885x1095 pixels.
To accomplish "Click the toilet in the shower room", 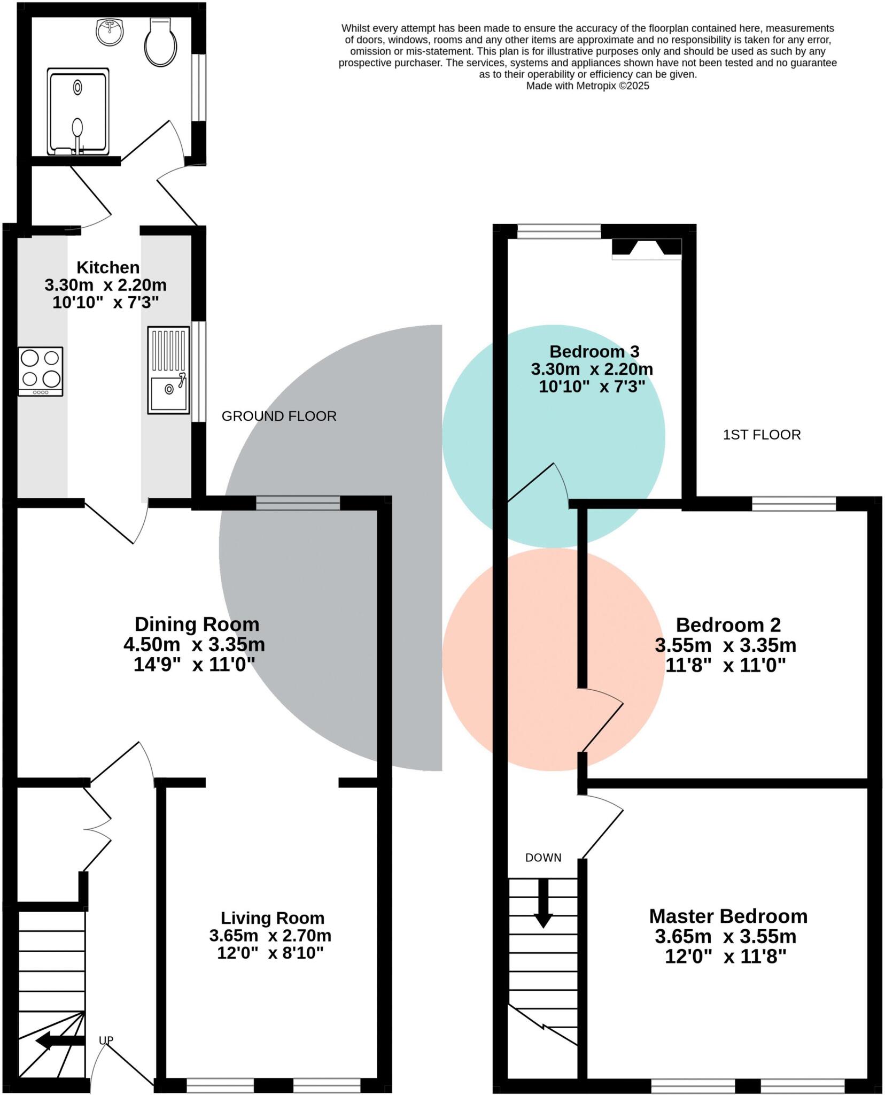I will (161, 43).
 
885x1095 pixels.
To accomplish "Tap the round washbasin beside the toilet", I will (110, 32).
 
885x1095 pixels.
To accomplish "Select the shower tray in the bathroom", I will (78, 111).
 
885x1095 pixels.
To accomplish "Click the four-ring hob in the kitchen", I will (41, 371).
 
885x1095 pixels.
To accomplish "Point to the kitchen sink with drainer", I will (168, 370).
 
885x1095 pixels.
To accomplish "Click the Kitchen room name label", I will (108, 267).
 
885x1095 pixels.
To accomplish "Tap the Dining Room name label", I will (197, 624).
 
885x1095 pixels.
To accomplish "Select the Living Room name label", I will (273, 918).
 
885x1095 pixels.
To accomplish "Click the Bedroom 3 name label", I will (594, 351).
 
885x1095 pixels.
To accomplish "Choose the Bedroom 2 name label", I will (728, 624).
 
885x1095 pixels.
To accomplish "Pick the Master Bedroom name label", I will (728, 916).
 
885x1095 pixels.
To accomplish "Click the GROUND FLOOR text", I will (279, 416).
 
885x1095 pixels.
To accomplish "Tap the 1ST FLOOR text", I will (762, 435).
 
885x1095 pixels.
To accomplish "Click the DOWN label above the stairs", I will (543, 858).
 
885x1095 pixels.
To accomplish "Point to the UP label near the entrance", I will (106, 1040).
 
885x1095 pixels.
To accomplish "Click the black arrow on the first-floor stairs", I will (544, 904).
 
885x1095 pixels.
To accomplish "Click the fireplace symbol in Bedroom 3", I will (646, 249).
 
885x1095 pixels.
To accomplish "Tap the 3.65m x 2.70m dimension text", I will (270, 936).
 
